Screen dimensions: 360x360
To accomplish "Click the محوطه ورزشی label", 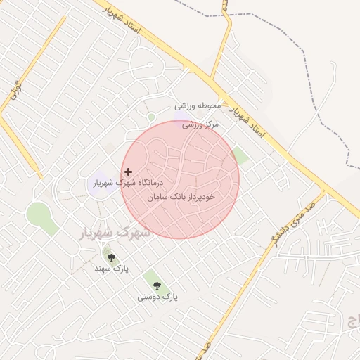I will coord(198,106).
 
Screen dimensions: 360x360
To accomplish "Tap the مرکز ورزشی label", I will coord(200,124).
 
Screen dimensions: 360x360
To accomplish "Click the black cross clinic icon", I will coord(128,172).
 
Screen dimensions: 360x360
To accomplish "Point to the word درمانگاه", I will coord(157,181).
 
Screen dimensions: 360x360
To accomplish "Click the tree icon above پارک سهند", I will coord(111,257).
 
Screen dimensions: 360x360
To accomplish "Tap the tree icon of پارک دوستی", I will coord(156,285).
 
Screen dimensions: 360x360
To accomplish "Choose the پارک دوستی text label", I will coord(157,297).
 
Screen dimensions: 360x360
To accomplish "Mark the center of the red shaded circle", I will coord(181,179).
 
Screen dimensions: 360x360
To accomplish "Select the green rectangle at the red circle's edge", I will coord(240,155).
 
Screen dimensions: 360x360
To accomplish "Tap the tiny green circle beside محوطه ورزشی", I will coord(151,117).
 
